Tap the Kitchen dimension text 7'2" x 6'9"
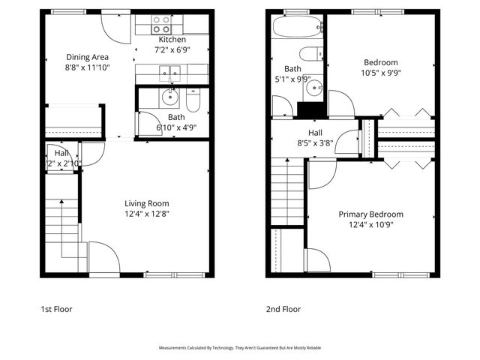pyautogui.click(x=172, y=50)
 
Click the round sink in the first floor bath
pyautogui.click(x=169, y=97)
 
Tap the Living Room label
pyautogui.click(x=146, y=203)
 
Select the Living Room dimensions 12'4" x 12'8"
pyautogui.click(x=146, y=214)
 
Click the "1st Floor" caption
pyautogui.click(x=56, y=308)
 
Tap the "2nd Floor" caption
pyautogui.click(x=283, y=308)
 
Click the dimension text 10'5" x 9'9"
pyautogui.click(x=380, y=73)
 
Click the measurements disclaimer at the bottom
pyautogui.click(x=239, y=348)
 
